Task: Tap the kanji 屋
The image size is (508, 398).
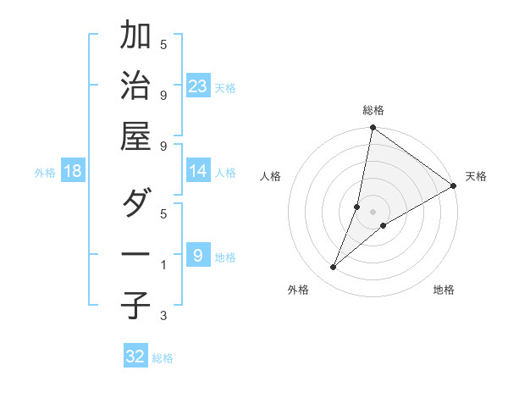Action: pos(136,135)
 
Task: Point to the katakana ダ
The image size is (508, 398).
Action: pos(136,204)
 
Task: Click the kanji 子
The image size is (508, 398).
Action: pos(136,304)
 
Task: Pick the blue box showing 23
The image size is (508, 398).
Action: pos(198,86)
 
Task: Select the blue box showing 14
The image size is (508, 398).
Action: pos(198,171)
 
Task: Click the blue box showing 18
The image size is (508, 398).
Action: pos(73,171)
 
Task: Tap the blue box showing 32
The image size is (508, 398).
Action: pos(135,357)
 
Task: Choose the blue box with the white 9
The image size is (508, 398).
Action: pos(198,256)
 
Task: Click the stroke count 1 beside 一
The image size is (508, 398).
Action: pos(163,266)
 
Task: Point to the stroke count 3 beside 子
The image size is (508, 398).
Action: pos(163,317)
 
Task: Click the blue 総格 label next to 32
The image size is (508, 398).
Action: pos(163,358)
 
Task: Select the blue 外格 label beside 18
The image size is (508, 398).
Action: pos(45,173)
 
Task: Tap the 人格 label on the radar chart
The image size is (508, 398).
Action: pos(271,177)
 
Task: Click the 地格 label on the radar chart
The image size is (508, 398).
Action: pos(444,290)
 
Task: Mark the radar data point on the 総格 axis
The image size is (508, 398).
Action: pos(373,129)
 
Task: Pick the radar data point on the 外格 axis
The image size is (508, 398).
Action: pos(333,268)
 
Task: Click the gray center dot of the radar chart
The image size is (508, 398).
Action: pos(373,212)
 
